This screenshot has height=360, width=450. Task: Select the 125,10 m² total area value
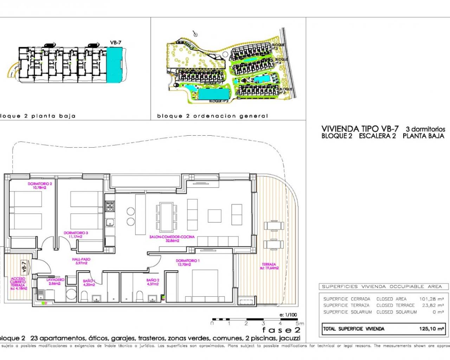(x=431, y=329)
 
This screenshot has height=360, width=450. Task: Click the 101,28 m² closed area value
(x=431, y=299)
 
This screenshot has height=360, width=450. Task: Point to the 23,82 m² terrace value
(x=433, y=306)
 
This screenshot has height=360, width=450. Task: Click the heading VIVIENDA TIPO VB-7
(x=360, y=129)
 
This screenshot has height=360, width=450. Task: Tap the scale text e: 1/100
(x=288, y=315)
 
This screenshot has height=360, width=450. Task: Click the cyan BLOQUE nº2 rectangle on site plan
(x=213, y=94)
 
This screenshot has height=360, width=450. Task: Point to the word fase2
(x=281, y=330)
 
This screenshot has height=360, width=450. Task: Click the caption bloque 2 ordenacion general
(x=212, y=116)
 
